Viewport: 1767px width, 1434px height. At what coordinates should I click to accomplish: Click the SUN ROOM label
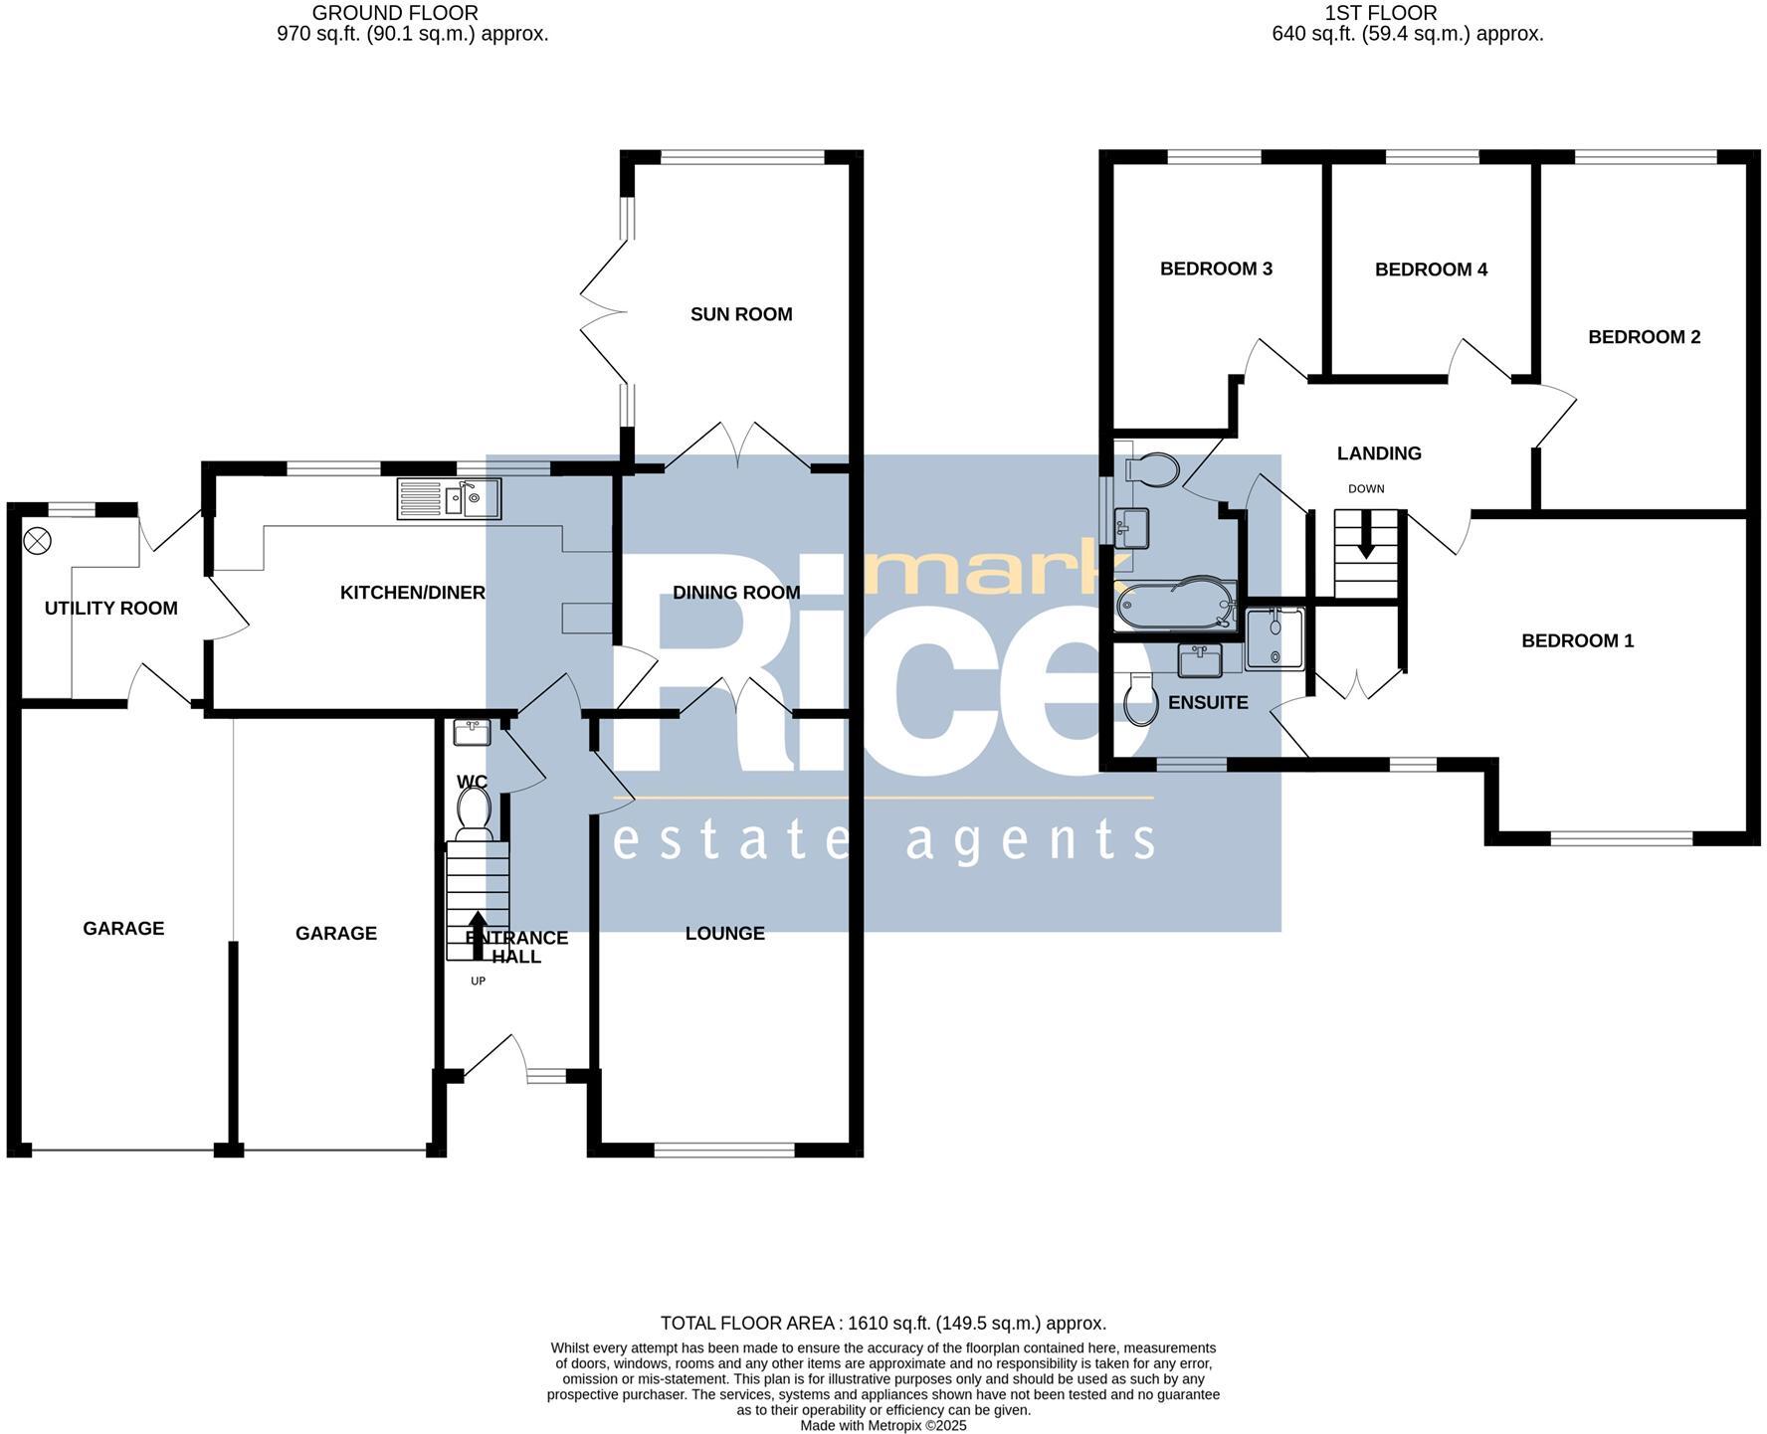741,314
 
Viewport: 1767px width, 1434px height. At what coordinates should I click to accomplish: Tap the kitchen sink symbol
450,498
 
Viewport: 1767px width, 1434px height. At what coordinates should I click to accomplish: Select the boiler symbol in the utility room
37,541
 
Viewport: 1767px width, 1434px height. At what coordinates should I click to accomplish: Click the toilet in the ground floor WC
474,807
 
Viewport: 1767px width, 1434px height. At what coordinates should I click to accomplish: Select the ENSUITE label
1207,702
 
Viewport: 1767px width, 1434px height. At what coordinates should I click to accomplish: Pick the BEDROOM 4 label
1430,269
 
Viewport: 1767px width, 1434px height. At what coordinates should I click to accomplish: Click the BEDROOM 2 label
1644,337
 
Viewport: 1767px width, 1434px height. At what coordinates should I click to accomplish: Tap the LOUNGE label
724,933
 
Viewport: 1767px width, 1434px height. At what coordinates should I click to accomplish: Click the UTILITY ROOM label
110,608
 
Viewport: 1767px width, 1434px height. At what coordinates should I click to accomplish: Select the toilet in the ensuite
1140,700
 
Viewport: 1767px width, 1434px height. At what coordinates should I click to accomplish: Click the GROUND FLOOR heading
395,13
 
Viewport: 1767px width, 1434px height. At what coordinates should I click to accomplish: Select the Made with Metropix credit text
883,1425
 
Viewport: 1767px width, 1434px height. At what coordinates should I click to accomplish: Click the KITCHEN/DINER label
412,593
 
